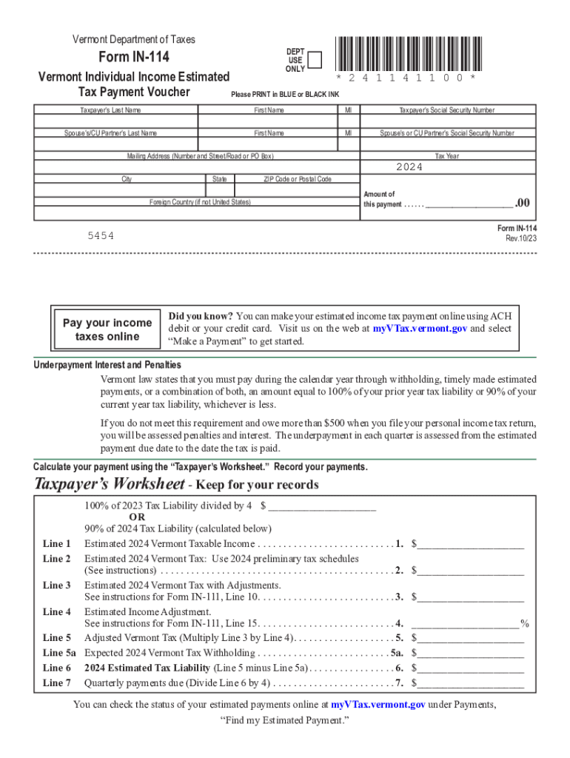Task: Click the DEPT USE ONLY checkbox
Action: (x=314, y=59)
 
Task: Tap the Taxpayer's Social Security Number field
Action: (x=447, y=122)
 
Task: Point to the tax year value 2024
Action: (x=409, y=167)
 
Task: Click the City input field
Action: (x=118, y=190)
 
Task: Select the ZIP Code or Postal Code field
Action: (x=298, y=190)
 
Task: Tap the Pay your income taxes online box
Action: (x=107, y=329)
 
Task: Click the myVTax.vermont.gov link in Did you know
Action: (x=420, y=328)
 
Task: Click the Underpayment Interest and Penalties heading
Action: (x=107, y=365)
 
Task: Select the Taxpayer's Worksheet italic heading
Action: (x=110, y=485)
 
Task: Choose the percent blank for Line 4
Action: (x=466, y=623)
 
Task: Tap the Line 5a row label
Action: (x=59, y=653)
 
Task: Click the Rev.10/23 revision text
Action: (x=520, y=239)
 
